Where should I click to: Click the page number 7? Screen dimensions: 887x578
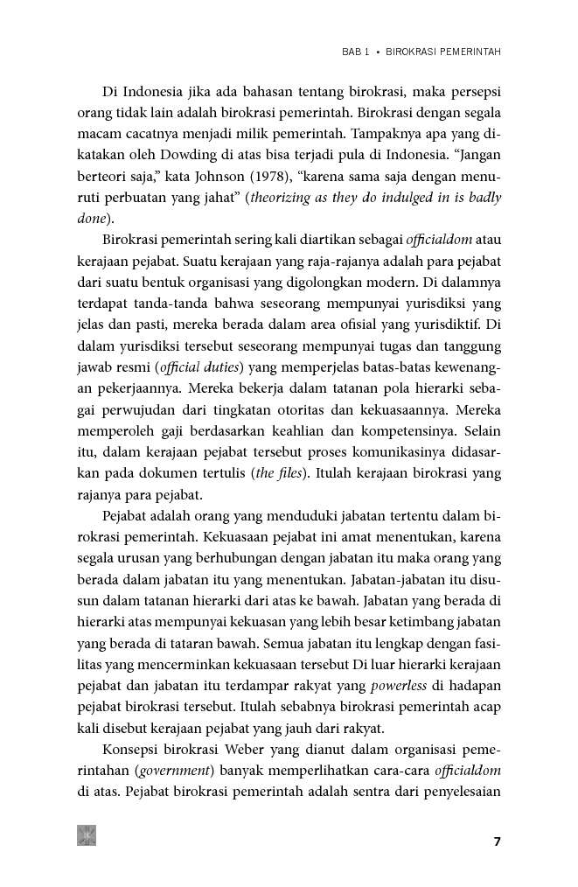coord(497,842)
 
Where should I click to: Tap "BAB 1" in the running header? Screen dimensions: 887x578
coord(354,52)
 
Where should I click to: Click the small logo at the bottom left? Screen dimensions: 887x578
coord(87,835)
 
